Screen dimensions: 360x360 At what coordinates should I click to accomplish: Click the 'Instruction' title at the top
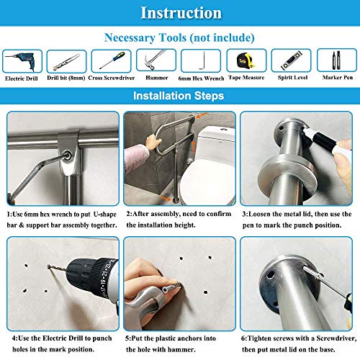point(180,13)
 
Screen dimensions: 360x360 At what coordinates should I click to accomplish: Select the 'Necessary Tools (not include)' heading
point(180,37)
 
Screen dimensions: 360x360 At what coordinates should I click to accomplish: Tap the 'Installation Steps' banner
point(180,96)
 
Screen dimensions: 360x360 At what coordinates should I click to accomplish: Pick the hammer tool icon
point(157,60)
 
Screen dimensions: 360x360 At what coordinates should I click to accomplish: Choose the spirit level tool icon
point(291,60)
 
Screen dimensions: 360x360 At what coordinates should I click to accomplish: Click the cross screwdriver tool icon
point(112,60)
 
